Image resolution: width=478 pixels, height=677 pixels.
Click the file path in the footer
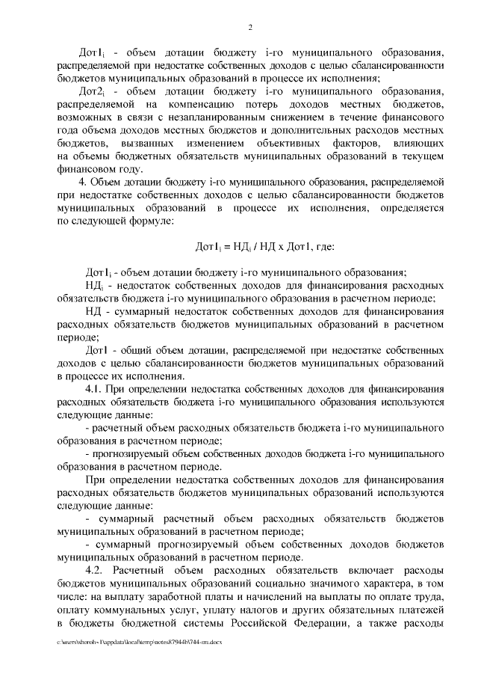point(139,642)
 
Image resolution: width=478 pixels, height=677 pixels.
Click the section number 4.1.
point(99,389)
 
